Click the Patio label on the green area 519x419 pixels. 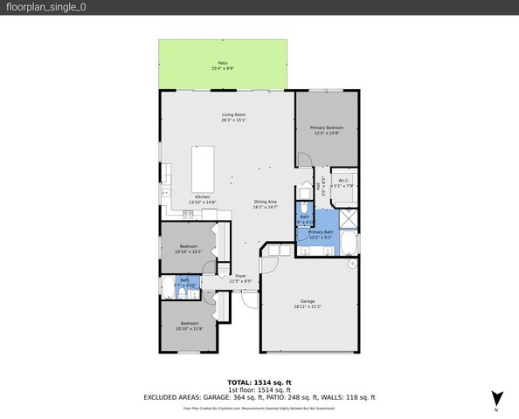click(x=223, y=65)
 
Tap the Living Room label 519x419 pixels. click(x=232, y=117)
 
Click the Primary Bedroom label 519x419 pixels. click(x=326, y=130)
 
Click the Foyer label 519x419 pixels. click(x=240, y=278)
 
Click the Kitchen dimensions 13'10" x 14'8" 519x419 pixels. click(x=203, y=203)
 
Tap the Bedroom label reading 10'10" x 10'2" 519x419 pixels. click(x=188, y=249)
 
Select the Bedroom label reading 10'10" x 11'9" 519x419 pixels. click(x=189, y=326)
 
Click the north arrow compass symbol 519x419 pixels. click(x=497, y=396)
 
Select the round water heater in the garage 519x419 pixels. click(x=350, y=262)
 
